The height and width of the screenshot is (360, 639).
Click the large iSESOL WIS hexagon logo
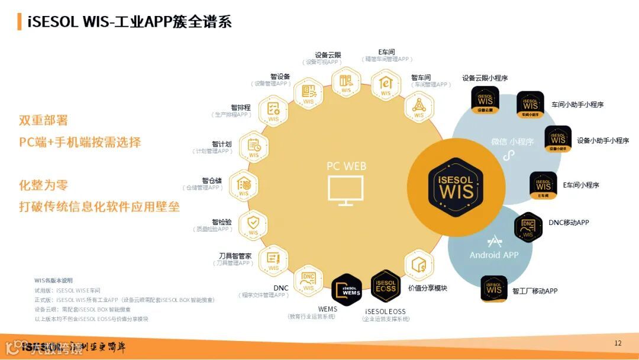point(456,187)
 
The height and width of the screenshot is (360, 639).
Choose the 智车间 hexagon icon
point(419,107)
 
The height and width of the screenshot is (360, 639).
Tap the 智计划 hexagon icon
point(254,147)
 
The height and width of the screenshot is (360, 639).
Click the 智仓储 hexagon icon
point(243,185)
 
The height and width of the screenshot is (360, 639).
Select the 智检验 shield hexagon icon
point(253,224)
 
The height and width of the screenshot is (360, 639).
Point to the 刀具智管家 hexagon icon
point(273,260)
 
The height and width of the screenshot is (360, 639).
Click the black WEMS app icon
point(347,288)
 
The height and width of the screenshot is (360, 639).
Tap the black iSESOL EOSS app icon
point(386,286)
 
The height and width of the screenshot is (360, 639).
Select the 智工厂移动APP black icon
point(494,289)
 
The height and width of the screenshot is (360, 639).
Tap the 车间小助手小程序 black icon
point(530,105)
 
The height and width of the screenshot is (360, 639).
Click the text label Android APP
point(493,255)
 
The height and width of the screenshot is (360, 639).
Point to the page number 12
point(618,343)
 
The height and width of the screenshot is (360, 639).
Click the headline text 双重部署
point(43,120)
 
